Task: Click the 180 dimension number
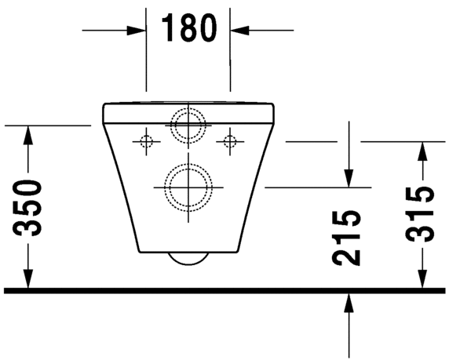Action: [x=188, y=29]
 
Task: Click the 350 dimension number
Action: [x=29, y=208]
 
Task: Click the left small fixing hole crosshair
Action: [x=145, y=141]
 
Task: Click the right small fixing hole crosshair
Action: [x=230, y=141]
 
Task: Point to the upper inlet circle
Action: [x=188, y=123]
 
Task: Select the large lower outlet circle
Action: [x=188, y=187]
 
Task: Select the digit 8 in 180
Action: [x=188, y=29]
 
